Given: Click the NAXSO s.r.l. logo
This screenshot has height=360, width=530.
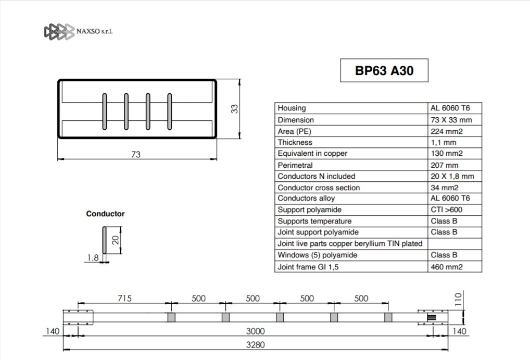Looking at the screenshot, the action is pyautogui.click(x=78, y=31).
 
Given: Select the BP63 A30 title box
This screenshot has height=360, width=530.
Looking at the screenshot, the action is pyautogui.click(x=384, y=70).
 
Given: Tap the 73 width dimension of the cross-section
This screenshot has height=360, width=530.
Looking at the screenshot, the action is pyautogui.click(x=135, y=154).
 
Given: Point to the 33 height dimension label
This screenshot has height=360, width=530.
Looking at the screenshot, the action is pyautogui.click(x=234, y=108).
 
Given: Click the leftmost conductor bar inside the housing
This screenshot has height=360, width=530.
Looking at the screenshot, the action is pyautogui.click(x=105, y=111).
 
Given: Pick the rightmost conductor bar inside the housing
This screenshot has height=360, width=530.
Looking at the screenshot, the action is pyautogui.click(x=169, y=111).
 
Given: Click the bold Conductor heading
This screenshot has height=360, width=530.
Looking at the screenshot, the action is pyautogui.click(x=105, y=214).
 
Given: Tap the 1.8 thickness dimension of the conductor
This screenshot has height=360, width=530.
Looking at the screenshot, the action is pyautogui.click(x=93, y=258).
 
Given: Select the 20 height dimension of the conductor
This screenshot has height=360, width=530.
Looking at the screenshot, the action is pyautogui.click(x=116, y=240).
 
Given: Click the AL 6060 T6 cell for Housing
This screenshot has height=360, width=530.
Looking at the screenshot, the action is pyautogui.click(x=450, y=108).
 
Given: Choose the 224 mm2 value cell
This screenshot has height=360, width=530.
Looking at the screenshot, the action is pyautogui.click(x=447, y=131).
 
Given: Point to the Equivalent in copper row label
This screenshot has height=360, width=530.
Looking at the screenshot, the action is pyautogui.click(x=312, y=153).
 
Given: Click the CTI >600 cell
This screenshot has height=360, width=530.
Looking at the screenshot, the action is pyautogui.click(x=446, y=209).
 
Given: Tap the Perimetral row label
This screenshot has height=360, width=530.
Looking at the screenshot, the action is pyautogui.click(x=295, y=165).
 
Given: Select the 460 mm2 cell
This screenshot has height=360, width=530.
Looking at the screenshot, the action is pyautogui.click(x=447, y=267).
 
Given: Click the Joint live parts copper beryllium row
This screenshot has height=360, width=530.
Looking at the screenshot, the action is pyautogui.click(x=350, y=244).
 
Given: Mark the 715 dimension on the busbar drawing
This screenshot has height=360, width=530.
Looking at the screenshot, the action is pyautogui.click(x=124, y=298).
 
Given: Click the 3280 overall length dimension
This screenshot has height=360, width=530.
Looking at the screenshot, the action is pyautogui.click(x=255, y=345).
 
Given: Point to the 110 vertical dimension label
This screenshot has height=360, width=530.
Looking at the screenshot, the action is pyautogui.click(x=458, y=300).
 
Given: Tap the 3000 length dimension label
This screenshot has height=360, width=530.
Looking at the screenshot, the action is pyautogui.click(x=255, y=331).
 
